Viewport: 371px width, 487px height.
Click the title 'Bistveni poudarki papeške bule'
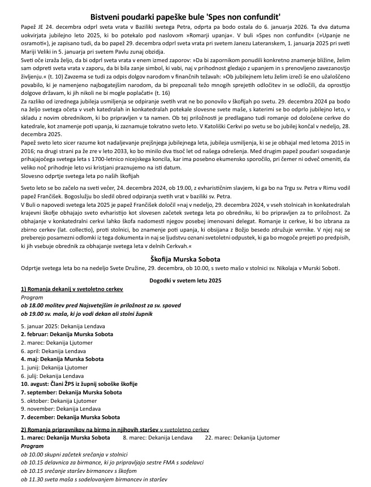click(x=185, y=18)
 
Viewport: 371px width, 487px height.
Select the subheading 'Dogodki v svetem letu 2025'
click(x=185, y=280)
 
